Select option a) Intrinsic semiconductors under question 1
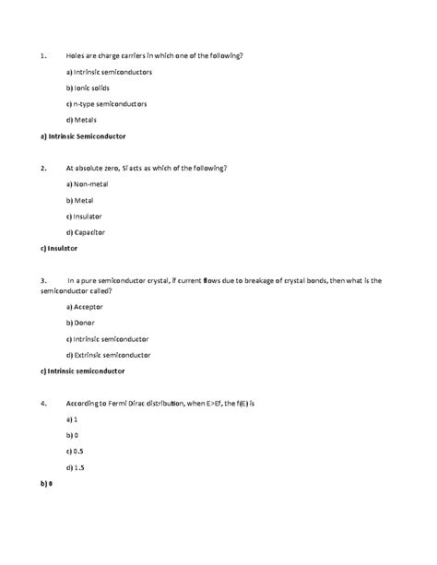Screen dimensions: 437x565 point(109,72)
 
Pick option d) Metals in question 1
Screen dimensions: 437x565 point(82,120)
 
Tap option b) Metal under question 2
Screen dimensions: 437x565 point(82,200)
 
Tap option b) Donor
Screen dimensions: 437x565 point(83,323)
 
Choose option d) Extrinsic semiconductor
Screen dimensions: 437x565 point(109,354)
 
